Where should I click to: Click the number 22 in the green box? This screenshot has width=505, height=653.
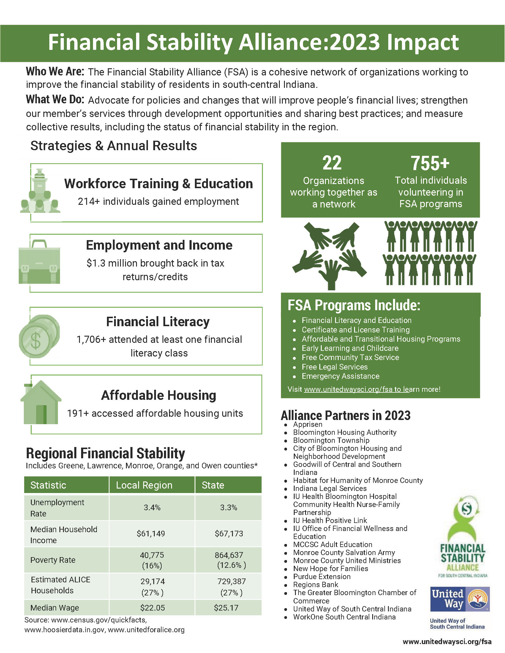(x=332, y=163)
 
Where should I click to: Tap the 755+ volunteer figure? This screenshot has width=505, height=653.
(x=430, y=163)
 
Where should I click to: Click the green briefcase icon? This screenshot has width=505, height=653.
(x=39, y=262)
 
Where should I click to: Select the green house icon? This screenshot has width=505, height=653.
(x=41, y=402)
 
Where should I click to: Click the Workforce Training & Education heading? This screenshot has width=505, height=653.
(x=158, y=183)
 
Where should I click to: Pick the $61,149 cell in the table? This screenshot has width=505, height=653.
(x=151, y=533)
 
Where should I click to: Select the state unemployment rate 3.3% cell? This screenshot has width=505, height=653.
(x=228, y=507)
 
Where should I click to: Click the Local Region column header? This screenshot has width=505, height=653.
(x=144, y=485)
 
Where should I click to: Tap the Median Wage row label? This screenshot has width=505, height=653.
(x=55, y=608)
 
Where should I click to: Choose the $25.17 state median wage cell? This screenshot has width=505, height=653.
(x=226, y=608)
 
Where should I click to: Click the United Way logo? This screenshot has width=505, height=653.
(x=460, y=599)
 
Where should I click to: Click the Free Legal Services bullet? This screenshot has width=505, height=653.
(x=334, y=367)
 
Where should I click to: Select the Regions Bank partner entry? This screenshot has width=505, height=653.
(x=315, y=584)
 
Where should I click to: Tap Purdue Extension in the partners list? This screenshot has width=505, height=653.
(x=322, y=576)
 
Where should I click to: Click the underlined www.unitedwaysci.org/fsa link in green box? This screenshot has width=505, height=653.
(x=356, y=389)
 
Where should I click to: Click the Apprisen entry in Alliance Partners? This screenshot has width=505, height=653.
(x=307, y=424)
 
